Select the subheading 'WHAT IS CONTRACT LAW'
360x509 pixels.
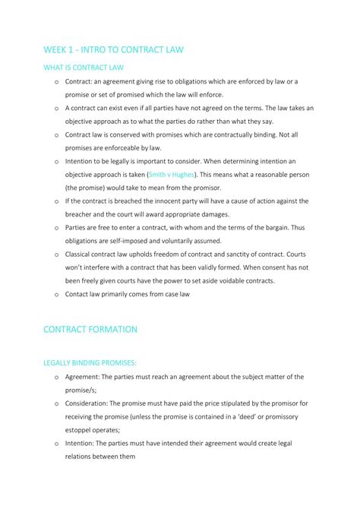84,68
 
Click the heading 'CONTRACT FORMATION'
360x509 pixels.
90,329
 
